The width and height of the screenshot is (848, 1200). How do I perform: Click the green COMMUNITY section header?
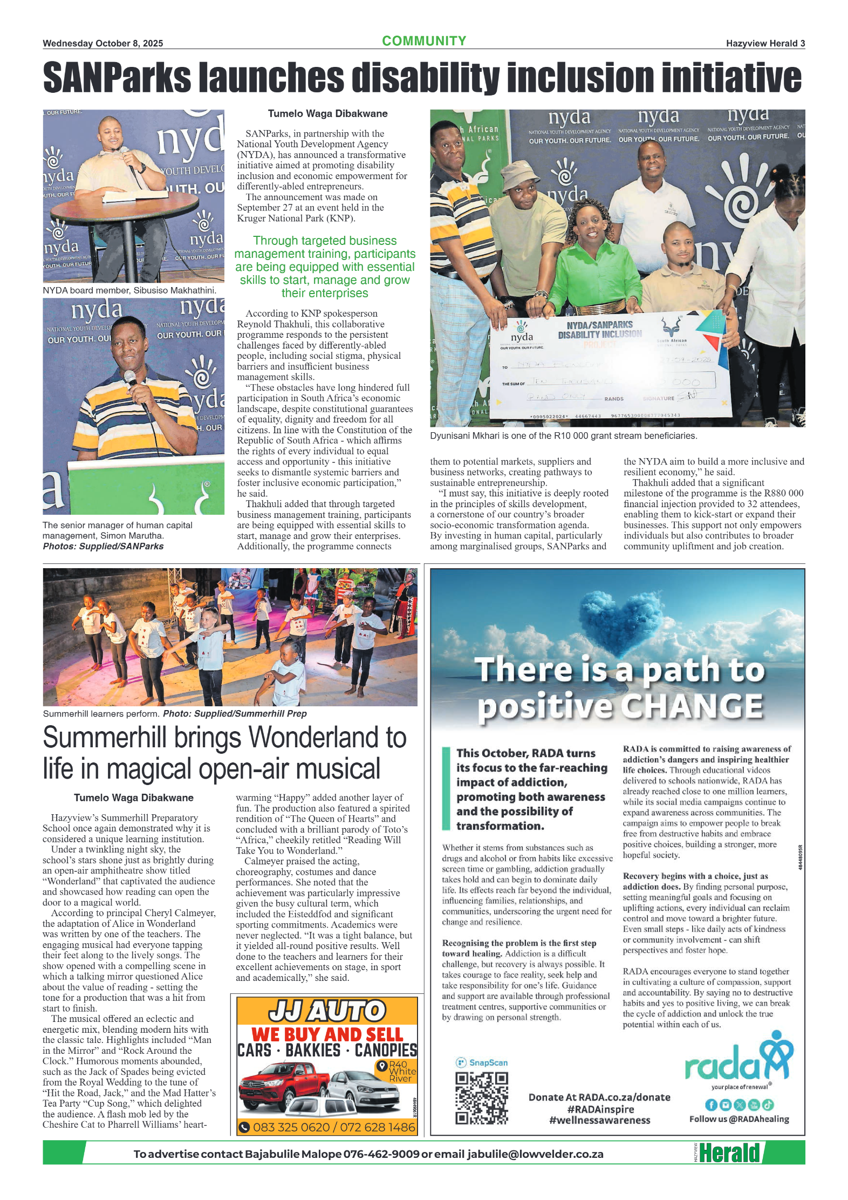424,41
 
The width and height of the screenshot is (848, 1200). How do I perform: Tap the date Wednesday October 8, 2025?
102,44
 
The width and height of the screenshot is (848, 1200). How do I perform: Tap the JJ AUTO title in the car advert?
327,1011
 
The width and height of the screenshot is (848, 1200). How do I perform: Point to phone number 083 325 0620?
291,1127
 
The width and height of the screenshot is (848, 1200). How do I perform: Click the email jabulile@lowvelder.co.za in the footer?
535,1154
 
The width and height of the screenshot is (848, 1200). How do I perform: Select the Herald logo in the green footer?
729,1153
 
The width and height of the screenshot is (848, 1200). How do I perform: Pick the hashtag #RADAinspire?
600,1109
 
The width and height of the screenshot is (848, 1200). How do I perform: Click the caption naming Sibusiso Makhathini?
129,290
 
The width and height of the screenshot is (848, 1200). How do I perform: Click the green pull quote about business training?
325,267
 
